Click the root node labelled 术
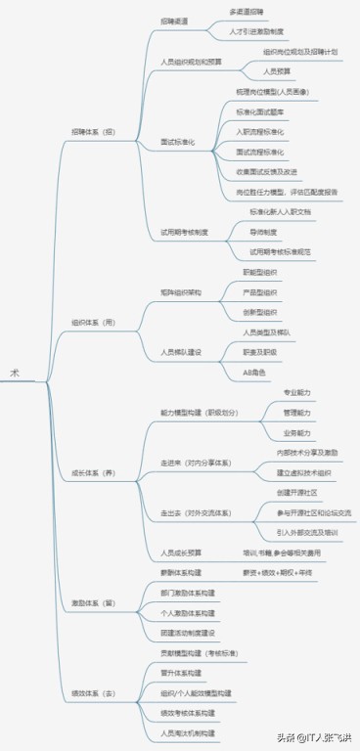point(14,373)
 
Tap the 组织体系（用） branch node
point(94,321)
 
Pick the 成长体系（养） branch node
point(94,473)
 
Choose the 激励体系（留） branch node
point(94,602)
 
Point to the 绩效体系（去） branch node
point(94,693)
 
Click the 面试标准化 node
point(178,142)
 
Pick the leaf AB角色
point(252,373)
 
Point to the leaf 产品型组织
point(260,291)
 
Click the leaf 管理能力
point(297,413)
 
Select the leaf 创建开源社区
point(297,492)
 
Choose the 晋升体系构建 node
point(182,673)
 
